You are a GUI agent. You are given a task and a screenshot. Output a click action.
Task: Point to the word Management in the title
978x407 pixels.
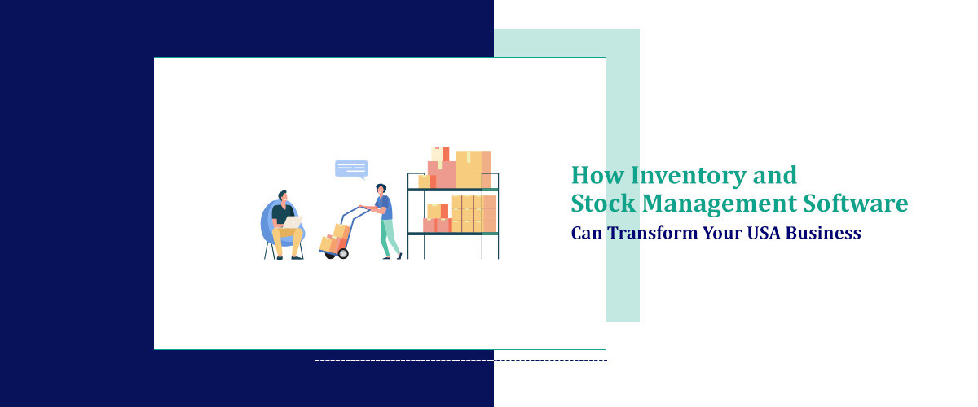coord(717,203)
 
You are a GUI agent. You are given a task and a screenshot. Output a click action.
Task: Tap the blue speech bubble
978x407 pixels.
coord(351,168)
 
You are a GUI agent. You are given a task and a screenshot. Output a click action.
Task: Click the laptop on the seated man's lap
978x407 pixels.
coord(292,221)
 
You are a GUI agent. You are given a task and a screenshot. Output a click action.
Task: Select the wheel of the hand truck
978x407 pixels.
coord(342,254)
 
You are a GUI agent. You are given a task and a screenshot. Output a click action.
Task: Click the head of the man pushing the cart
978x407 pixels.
coord(381,190)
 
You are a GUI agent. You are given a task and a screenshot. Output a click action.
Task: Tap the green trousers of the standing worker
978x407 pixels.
coord(390,238)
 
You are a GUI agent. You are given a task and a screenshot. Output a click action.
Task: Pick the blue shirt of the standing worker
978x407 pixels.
coord(385,208)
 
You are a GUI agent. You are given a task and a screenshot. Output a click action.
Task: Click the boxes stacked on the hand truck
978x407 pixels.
coord(335,238)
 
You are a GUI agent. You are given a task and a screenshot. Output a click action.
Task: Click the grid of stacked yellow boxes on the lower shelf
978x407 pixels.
coord(474,213)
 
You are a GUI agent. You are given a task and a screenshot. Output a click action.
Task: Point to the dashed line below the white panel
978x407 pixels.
coord(460,359)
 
